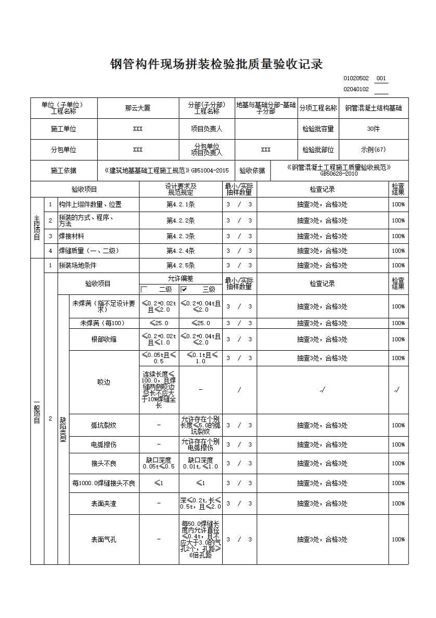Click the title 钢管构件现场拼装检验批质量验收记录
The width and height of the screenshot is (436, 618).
click(217, 64)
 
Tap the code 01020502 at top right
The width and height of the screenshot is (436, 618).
click(356, 79)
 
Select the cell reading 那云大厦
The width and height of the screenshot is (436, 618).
click(138, 108)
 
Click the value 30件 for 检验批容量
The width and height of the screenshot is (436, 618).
click(373, 129)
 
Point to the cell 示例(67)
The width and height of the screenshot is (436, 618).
click(373, 150)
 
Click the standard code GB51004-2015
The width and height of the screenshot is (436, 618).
click(210, 170)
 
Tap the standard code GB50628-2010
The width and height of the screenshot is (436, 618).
click(339, 174)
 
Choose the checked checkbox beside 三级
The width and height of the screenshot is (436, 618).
click(184, 289)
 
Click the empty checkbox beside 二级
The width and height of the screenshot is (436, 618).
click(144, 289)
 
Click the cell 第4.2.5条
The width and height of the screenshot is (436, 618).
click(181, 265)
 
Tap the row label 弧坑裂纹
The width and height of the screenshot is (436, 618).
click(104, 425)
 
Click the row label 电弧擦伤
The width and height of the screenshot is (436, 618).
click(104, 444)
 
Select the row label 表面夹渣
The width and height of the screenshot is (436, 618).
click(104, 503)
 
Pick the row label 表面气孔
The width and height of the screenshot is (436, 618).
click(104, 539)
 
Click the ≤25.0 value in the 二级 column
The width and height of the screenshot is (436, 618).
click(159, 323)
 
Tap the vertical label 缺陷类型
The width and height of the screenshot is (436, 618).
click(63, 429)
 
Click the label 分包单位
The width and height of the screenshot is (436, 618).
click(63, 150)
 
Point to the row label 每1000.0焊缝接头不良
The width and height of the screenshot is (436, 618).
click(104, 483)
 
